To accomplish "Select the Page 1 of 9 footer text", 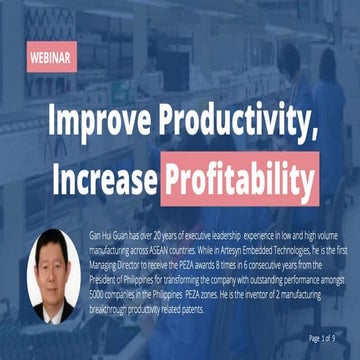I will click(328, 336).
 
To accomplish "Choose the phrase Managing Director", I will click(126, 256).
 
